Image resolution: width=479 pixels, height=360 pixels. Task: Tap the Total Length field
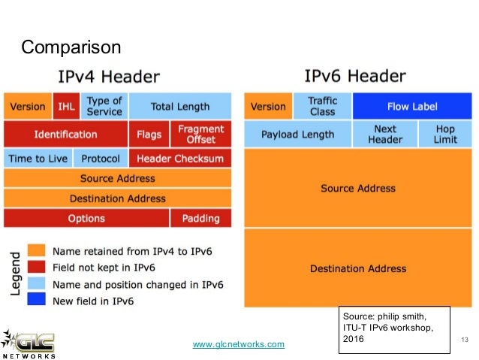(180, 107)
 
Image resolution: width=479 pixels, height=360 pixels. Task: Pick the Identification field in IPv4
(65, 135)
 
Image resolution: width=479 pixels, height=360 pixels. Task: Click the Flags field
(149, 135)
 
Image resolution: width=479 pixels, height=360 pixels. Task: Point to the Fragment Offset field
(200, 135)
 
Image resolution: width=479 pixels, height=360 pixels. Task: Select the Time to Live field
(38, 159)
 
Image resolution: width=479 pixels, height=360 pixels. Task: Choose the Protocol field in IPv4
(101, 159)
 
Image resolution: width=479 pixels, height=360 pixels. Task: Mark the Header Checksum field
(180, 159)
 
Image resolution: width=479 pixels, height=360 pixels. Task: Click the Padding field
(200, 219)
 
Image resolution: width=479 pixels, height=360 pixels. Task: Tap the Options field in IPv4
(86, 219)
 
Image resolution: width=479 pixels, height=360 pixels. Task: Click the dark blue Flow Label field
(411, 107)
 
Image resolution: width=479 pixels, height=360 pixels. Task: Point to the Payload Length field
(298, 135)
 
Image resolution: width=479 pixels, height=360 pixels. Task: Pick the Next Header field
(384, 135)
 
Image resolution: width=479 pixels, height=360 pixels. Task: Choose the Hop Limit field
(444, 135)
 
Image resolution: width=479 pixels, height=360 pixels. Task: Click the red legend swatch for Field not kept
(37, 267)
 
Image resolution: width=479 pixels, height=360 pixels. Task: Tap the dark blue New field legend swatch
(37, 301)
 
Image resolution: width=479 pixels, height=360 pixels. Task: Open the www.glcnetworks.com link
(239, 344)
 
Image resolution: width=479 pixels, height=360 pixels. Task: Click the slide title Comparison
(71, 48)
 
